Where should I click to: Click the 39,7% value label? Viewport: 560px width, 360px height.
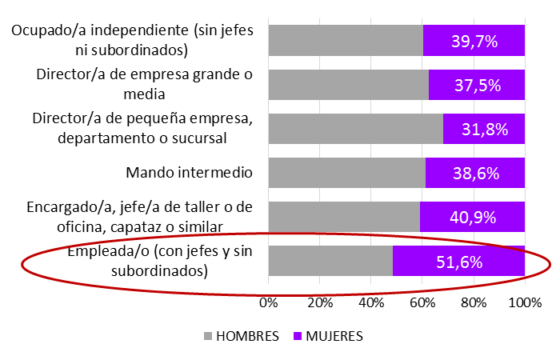[474, 42]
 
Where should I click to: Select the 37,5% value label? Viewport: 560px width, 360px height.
[474, 86]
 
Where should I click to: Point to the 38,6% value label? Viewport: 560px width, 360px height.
[475, 173]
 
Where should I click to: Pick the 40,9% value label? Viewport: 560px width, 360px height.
[473, 217]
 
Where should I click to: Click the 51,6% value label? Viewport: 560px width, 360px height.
[459, 262]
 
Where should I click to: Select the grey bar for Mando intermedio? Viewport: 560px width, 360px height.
[346, 173]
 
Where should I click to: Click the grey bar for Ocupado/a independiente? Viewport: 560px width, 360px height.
[346, 41]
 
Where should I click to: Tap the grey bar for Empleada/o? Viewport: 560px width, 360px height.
[330, 261]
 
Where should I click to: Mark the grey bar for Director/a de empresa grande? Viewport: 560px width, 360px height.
[348, 85]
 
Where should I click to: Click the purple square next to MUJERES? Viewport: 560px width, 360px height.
[290, 336]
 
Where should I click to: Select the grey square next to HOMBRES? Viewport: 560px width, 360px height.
[210, 336]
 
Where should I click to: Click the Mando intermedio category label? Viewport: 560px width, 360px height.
[190, 172]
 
